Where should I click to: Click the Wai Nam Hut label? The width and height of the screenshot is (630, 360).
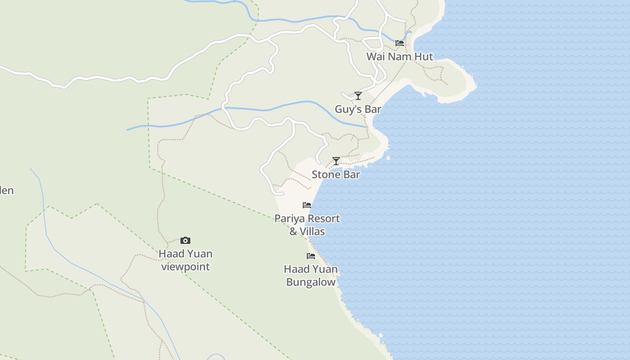point(400,57)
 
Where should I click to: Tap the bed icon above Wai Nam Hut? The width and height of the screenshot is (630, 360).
point(399,43)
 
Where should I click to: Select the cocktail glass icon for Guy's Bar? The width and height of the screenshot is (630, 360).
point(358,95)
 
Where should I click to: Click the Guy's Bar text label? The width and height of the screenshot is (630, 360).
point(358,109)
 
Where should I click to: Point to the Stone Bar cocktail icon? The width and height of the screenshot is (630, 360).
point(336,161)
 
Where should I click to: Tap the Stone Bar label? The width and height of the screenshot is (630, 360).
point(336,175)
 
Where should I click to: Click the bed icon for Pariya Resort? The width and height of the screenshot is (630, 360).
point(307,205)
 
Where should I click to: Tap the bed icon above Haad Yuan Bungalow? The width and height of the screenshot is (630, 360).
point(310,256)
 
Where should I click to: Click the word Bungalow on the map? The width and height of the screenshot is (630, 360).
point(311,283)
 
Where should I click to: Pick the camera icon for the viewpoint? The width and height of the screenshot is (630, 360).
point(185,240)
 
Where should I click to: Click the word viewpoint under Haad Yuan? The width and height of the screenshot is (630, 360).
point(185,267)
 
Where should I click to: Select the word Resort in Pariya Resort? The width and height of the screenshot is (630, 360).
point(322,219)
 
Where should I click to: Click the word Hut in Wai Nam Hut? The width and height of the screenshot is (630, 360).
point(425,57)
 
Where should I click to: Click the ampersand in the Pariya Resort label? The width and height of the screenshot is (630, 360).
point(293,232)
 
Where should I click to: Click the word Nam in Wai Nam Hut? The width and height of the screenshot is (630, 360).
point(401,57)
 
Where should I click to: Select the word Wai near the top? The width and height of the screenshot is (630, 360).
point(375,57)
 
